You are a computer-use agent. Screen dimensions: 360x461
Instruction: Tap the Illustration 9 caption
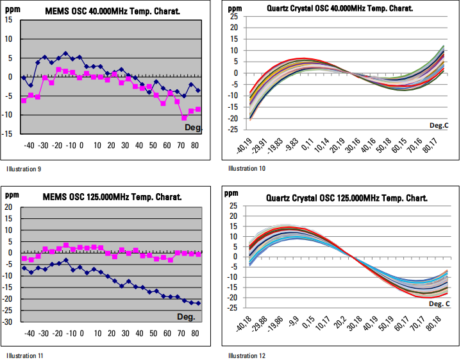pyautogui.click(x=21, y=169)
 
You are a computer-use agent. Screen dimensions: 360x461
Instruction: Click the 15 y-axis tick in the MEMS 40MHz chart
pyautogui.click(x=8, y=20)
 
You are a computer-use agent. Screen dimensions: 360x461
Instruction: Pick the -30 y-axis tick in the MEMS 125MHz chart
pyautogui.click(x=8, y=322)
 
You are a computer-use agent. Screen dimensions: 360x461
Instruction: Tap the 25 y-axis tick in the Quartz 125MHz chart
pyautogui.click(x=233, y=207)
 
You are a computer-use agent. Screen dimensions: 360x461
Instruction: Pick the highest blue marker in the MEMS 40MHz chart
pyautogui.click(x=65, y=54)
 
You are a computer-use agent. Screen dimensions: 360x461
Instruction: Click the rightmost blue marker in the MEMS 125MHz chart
pyautogui.click(x=198, y=304)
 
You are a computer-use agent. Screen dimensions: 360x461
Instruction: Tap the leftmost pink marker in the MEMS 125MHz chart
pyautogui.click(x=24, y=259)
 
